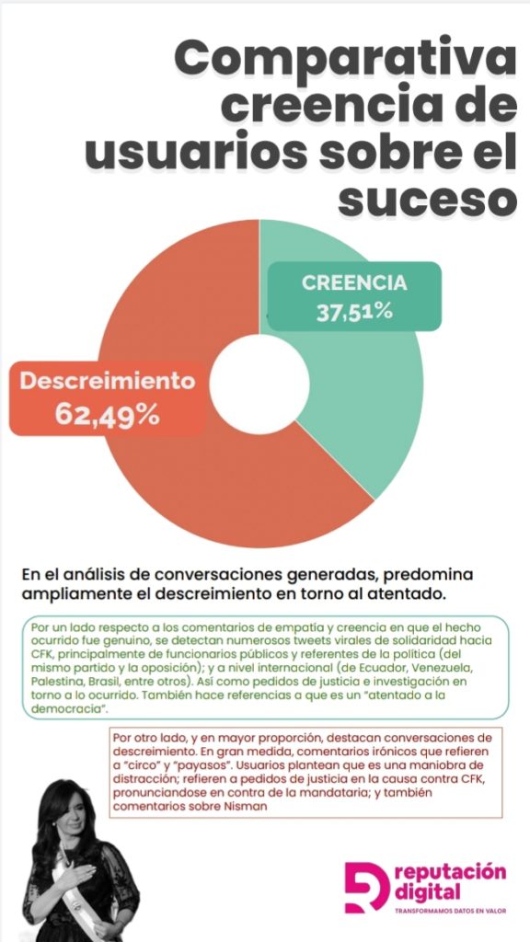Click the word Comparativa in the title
tap(345, 60)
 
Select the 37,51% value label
tap(354, 312)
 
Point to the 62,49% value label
tap(108, 414)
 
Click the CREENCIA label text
tap(354, 283)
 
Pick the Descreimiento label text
tap(108, 381)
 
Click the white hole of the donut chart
tap(259, 385)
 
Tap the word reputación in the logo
tap(450, 873)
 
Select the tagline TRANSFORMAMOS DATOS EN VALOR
tap(450, 911)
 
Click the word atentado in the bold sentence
tap(411, 594)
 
